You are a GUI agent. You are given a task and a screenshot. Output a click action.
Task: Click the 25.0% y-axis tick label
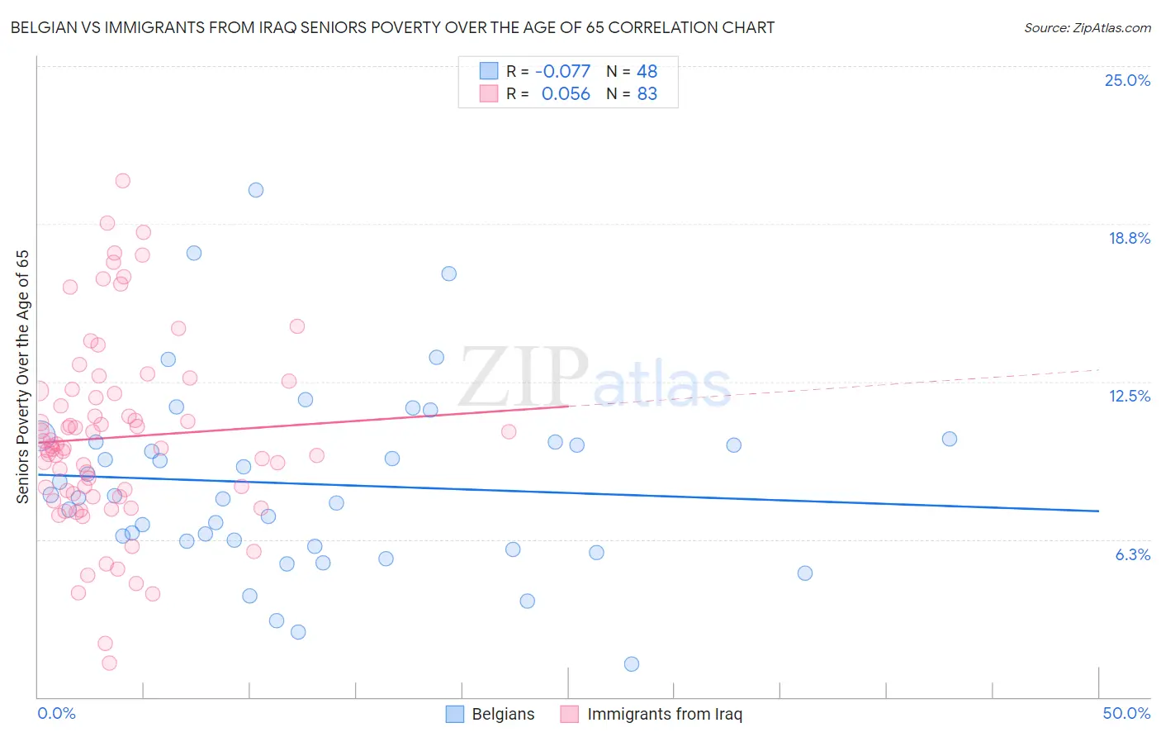[1127, 80]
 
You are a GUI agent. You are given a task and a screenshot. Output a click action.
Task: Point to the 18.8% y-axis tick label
[1129, 238]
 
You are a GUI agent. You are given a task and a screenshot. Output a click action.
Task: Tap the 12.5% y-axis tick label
[1129, 396]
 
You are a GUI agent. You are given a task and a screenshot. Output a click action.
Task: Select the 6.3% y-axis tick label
[1132, 554]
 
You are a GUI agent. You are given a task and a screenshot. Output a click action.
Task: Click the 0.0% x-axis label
[56, 713]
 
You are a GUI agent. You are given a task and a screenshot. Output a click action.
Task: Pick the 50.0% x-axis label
[1126, 713]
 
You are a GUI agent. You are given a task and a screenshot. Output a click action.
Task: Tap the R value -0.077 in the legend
[563, 71]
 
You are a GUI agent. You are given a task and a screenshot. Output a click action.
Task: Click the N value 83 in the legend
[647, 94]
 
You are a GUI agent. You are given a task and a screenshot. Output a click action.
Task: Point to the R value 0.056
[566, 94]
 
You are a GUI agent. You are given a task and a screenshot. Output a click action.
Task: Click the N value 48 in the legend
[647, 71]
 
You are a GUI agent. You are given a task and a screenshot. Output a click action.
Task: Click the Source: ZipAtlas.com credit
[1087, 27]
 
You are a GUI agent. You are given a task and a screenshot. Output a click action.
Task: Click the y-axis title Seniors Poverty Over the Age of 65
[22, 376]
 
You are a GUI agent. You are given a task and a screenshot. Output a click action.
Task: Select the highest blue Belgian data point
[256, 190]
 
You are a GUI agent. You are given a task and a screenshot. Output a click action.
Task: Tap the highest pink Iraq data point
[122, 181]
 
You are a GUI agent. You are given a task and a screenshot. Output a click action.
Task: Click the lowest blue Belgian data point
[632, 664]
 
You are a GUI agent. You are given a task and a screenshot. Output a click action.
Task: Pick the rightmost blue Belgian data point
[950, 439]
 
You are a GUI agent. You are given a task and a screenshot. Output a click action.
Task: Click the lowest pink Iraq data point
[109, 663]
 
